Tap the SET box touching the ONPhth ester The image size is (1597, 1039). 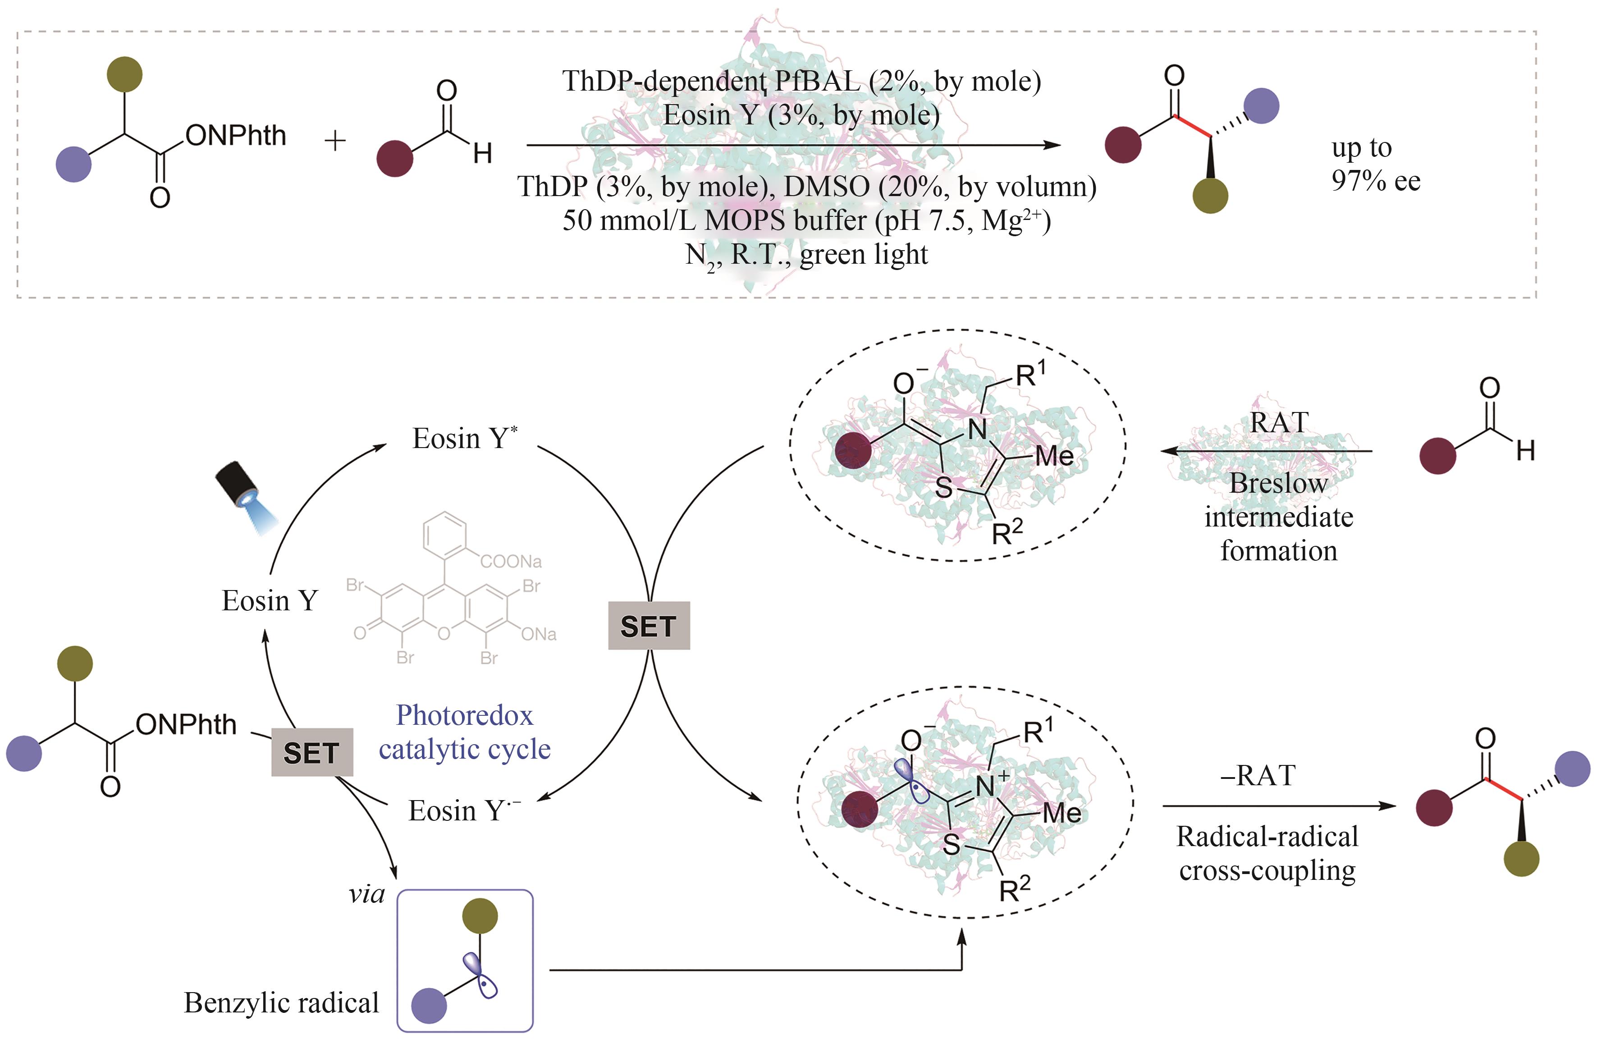(311, 752)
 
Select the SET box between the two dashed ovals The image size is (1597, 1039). (648, 626)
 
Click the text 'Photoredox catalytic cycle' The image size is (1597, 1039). (464, 732)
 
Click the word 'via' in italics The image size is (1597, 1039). (366, 894)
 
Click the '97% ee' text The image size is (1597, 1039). (1376, 181)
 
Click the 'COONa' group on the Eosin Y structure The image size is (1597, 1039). (511, 560)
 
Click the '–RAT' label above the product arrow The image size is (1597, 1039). (1258, 775)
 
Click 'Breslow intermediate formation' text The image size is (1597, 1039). (1278, 517)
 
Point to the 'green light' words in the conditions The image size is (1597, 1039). (864, 254)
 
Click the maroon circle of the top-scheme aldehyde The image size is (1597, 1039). (394, 158)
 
